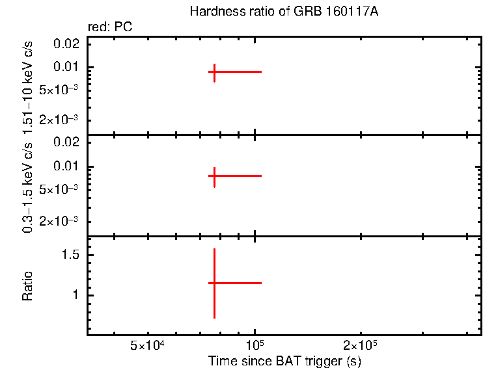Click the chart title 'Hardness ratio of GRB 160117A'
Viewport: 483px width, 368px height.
click(x=283, y=12)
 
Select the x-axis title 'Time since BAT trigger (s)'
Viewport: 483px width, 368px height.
click(x=284, y=361)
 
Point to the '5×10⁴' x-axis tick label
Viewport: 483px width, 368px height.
click(x=149, y=345)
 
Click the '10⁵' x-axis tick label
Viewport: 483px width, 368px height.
click(x=255, y=345)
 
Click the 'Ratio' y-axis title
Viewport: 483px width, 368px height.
click(x=28, y=285)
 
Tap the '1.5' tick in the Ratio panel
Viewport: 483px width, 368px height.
click(x=70, y=256)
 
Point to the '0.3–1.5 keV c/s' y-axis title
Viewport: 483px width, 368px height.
click(x=28, y=186)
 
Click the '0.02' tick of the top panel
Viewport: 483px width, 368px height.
click(x=68, y=43)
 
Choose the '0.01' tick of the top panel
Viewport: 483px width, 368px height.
click(x=68, y=67)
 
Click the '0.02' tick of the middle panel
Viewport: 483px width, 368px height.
click(x=68, y=142)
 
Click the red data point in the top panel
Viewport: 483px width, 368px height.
click(x=214, y=72)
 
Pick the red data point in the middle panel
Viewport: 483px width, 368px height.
click(x=214, y=176)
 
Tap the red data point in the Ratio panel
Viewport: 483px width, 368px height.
click(x=214, y=283)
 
